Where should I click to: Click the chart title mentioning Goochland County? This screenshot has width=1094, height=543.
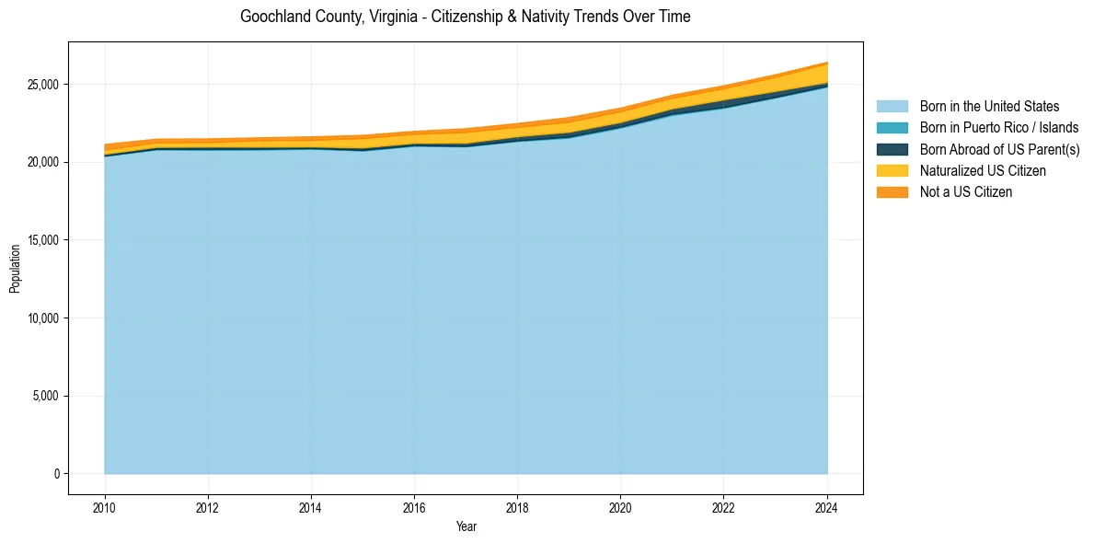[x=465, y=17]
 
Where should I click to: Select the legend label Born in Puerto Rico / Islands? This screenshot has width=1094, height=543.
[x=998, y=128]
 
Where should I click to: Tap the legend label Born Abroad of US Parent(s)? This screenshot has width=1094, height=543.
[x=999, y=149]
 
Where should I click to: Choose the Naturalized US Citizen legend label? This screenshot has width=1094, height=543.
[x=983, y=171]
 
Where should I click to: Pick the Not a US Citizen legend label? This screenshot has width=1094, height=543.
[x=965, y=192]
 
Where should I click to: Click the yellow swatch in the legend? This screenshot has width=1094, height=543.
[x=892, y=171]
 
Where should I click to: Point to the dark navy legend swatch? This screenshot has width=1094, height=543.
[x=892, y=149]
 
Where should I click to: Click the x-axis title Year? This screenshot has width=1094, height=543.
[x=466, y=526]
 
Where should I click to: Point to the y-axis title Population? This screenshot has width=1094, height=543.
[x=15, y=269]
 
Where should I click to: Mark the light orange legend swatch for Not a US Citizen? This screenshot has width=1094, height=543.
[x=892, y=192]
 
